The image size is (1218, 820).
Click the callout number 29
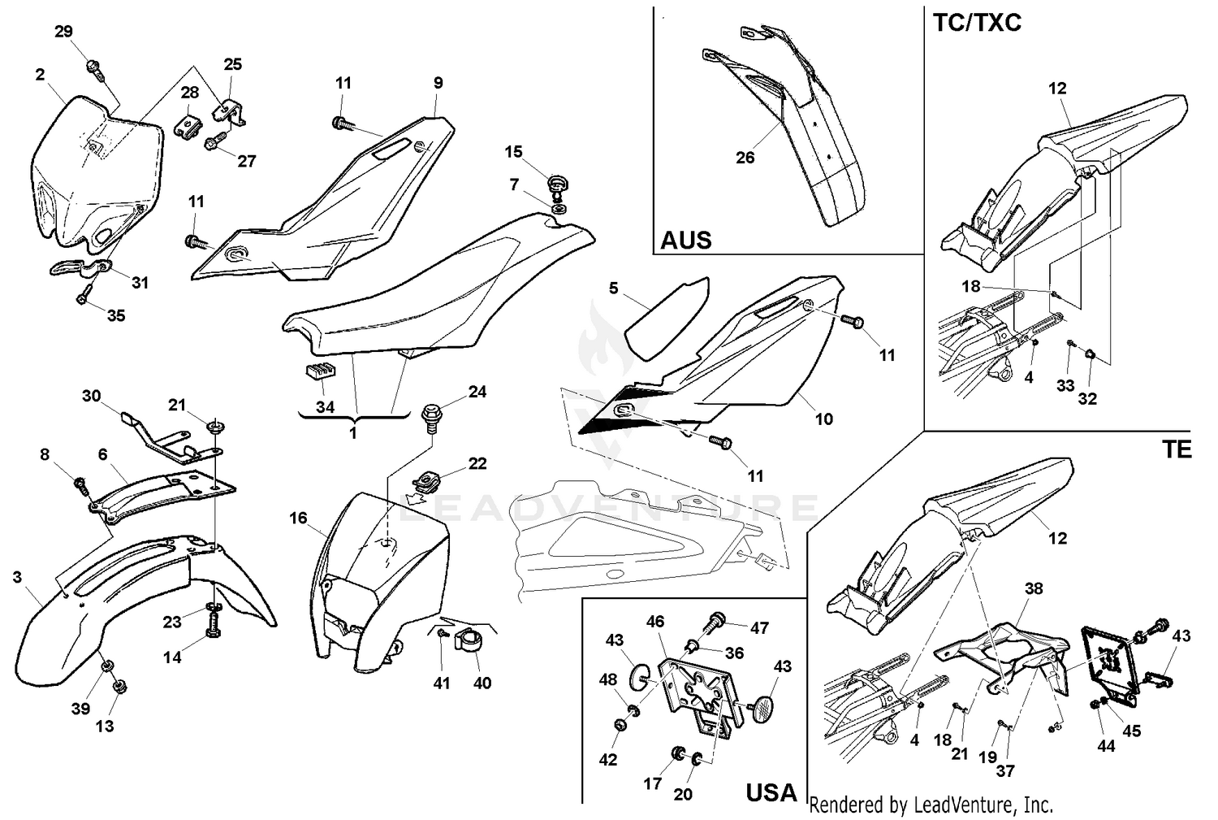click(x=63, y=32)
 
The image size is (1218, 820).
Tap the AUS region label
click(x=685, y=240)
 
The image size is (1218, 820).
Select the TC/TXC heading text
click(x=976, y=22)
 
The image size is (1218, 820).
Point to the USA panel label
click(x=771, y=792)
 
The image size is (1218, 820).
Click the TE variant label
click(x=1176, y=449)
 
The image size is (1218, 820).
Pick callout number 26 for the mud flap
click(x=745, y=158)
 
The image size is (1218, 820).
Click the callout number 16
click(x=298, y=518)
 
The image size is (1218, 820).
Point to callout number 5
click(x=613, y=288)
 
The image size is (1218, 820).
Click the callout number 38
click(x=1033, y=588)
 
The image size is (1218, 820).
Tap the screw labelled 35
click(x=84, y=299)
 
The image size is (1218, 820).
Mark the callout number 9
click(x=438, y=82)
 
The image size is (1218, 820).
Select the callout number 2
click(x=40, y=75)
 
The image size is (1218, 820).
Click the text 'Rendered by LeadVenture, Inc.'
click(x=931, y=805)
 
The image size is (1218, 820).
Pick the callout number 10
click(x=823, y=419)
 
